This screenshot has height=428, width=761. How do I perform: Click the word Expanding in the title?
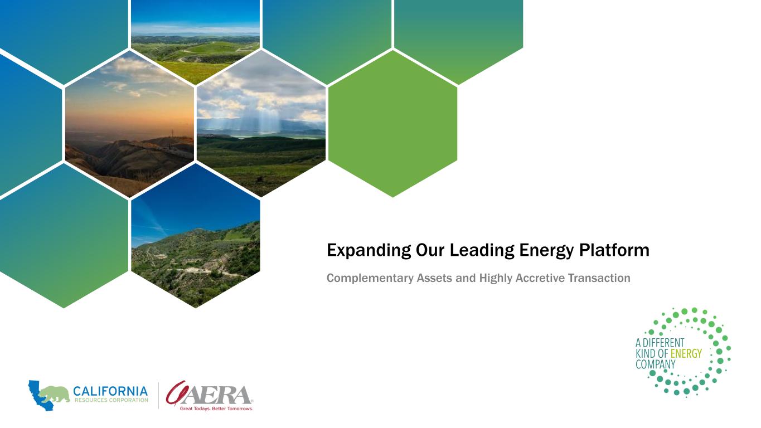(369, 251)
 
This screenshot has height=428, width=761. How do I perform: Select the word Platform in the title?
(614, 250)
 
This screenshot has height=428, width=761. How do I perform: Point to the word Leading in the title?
(482, 251)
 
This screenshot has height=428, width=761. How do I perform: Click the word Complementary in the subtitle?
(370, 278)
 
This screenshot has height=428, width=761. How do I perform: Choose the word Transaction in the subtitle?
(599, 278)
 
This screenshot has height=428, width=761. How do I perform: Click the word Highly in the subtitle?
(496, 278)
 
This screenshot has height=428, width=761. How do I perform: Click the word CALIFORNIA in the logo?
(110, 391)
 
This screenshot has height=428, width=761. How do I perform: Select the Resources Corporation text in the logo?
(112, 400)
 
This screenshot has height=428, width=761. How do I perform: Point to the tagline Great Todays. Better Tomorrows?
(216, 408)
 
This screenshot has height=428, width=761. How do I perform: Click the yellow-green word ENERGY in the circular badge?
(686, 354)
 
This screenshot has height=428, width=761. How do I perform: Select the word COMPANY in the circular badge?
(656, 364)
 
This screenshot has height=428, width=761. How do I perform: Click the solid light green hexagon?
(392, 124)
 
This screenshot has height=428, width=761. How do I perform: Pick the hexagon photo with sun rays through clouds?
(261, 124)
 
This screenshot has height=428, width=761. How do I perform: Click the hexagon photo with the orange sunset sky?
(129, 124)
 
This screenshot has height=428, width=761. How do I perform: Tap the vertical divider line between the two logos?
(158, 396)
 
